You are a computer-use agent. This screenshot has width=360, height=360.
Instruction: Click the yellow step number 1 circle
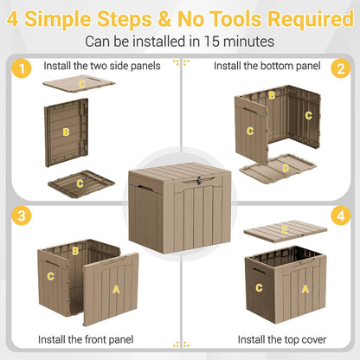pos(22,68)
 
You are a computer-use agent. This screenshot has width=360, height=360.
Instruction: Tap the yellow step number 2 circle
pos(341,68)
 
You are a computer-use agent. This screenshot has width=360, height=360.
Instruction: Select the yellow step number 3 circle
pos(22,215)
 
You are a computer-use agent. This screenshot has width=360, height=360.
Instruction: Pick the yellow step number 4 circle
pos(341,215)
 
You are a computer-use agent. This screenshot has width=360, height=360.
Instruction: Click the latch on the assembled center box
pos(199,181)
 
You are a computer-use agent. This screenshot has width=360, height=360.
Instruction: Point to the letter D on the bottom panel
pos(286,168)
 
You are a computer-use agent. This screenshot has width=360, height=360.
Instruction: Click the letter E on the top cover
pos(285,230)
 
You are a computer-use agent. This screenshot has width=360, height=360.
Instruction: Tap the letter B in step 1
pos(66,132)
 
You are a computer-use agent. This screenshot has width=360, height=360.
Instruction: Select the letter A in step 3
pos(116,289)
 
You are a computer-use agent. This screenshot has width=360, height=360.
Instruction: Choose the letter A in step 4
pos(305,289)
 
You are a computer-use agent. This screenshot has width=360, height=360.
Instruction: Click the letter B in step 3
pos(75,251)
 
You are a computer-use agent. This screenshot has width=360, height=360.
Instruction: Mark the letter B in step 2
pos(272,95)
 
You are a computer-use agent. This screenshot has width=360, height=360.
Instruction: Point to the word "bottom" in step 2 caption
pos(277,66)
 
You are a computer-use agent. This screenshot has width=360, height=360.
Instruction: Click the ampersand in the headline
pos(164,19)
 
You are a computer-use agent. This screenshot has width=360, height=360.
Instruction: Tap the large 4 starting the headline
pos(12,19)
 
